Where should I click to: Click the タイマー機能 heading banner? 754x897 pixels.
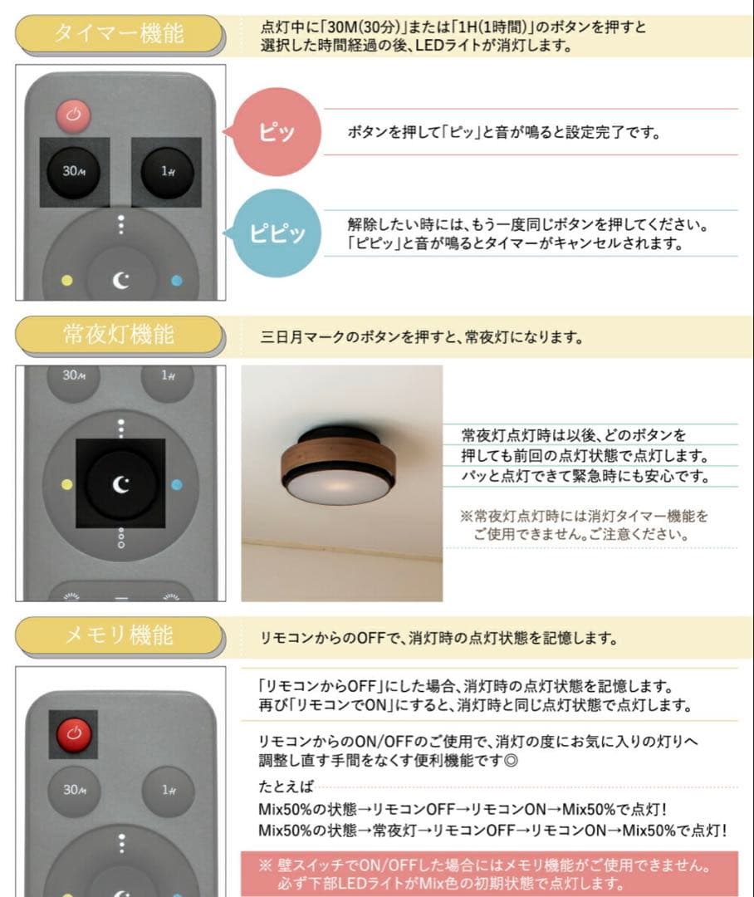point(119,34)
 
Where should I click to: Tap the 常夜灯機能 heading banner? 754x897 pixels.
point(119,335)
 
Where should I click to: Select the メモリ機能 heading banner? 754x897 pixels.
point(119,635)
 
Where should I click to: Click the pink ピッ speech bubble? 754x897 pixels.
point(277,133)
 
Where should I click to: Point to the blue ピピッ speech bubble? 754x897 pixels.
point(277,233)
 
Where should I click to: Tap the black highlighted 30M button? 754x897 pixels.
point(74,172)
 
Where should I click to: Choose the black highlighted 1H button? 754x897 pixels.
point(167,172)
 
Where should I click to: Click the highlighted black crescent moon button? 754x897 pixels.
point(121,484)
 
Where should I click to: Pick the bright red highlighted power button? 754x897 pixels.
point(73,734)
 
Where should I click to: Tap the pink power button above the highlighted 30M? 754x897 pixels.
point(73,115)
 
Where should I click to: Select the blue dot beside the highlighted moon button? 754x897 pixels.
point(177,484)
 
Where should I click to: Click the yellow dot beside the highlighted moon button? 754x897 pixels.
point(66,484)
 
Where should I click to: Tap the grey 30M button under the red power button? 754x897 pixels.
point(74,790)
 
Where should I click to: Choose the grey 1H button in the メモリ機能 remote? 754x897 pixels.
point(168,790)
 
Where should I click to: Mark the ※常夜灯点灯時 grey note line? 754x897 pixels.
point(584,517)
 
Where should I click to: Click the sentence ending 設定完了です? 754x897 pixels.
point(504,132)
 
